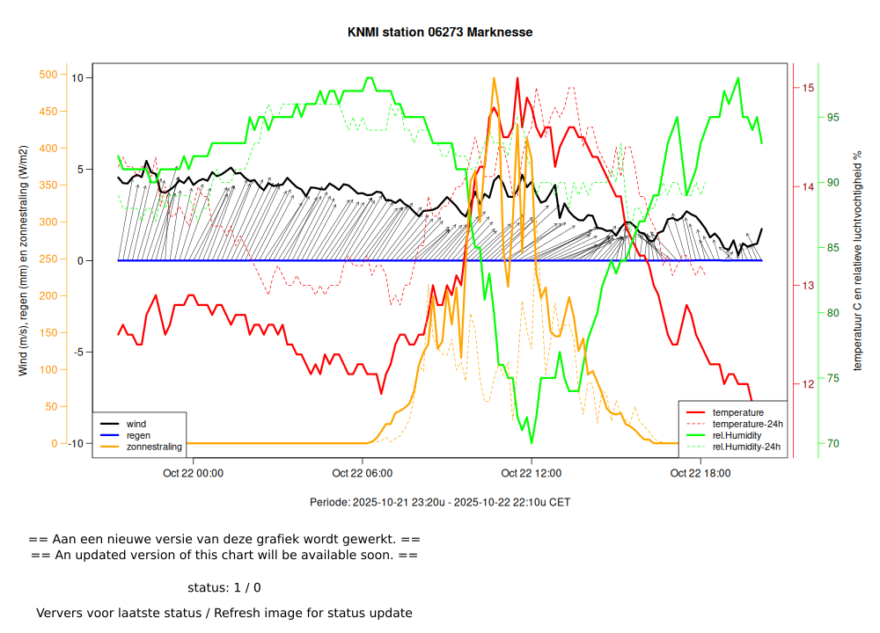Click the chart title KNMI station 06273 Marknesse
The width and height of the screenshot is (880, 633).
click(440, 33)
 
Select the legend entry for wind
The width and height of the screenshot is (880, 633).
click(136, 424)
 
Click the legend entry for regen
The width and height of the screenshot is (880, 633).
click(138, 435)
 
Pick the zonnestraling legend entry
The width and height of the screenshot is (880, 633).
click(154, 447)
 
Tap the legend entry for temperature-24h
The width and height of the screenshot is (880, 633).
click(747, 424)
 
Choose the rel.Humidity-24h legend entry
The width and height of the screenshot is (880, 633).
click(746, 447)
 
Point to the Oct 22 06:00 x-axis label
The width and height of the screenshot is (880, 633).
click(363, 473)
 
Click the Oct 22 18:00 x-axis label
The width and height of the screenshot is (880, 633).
click(700, 473)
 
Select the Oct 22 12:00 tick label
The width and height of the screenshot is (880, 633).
click(532, 473)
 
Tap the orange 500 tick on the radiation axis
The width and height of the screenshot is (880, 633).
click(48, 75)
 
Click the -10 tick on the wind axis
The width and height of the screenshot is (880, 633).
click(77, 443)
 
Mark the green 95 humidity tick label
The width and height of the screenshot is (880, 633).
click(832, 118)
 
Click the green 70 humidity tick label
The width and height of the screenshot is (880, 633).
click(832, 443)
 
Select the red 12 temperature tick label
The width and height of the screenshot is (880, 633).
click(807, 384)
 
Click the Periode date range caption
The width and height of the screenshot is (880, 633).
click(440, 503)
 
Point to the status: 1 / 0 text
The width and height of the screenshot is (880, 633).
click(224, 587)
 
